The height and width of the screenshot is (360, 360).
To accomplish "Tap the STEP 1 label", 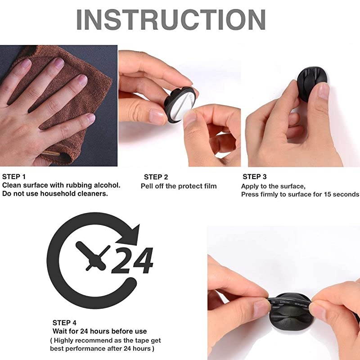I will [15, 177].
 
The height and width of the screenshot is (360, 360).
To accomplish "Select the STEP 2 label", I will [156, 177].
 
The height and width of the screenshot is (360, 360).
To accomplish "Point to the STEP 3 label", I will [255, 177].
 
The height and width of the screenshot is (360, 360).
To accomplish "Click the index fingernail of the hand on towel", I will [58, 63].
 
